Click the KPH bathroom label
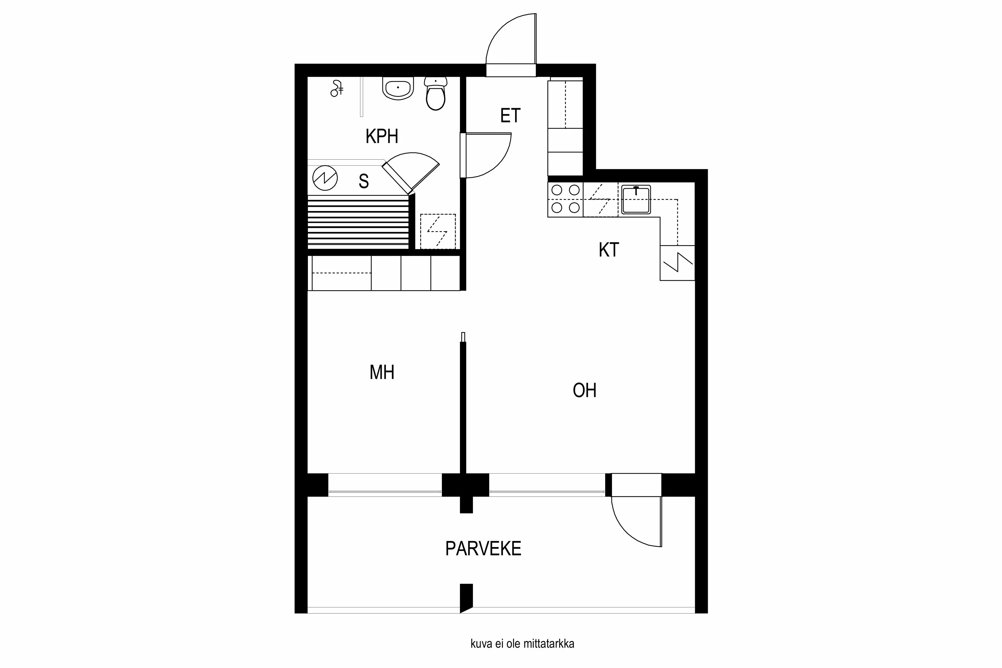point(382,136)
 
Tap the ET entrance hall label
point(510,116)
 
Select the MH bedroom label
point(382,372)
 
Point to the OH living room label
point(584,390)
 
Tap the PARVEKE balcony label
point(483,549)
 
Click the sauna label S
point(363,181)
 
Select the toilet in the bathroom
point(436,95)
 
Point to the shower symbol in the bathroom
point(337,89)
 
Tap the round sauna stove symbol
point(325,178)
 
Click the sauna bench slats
point(358,222)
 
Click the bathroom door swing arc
point(490,156)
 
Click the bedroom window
point(385,492)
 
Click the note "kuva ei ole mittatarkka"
point(522,644)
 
